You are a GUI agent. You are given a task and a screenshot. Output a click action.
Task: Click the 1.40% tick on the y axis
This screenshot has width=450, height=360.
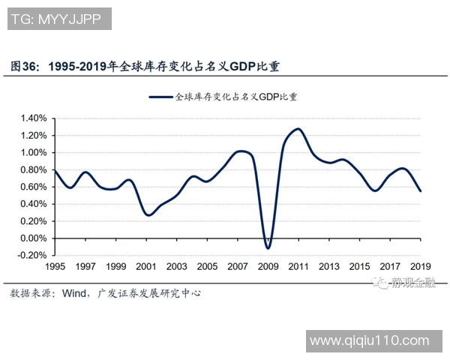[34, 118]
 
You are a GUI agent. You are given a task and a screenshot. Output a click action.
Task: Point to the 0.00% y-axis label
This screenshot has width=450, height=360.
[34, 238]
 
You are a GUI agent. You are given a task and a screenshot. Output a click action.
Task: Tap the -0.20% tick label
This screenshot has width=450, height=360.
[32, 256]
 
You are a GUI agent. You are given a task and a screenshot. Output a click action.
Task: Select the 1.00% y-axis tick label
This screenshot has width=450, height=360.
[34, 153]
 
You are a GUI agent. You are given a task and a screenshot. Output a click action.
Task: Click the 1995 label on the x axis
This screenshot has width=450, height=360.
[55, 267]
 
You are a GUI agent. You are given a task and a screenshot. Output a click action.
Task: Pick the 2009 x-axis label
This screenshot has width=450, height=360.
[268, 267]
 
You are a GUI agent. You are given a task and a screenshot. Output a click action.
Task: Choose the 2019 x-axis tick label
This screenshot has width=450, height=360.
[420, 267]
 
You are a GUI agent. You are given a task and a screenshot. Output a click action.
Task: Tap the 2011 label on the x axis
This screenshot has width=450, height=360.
[298, 267]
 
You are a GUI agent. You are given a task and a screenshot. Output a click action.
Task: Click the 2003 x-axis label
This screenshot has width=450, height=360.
[176, 267]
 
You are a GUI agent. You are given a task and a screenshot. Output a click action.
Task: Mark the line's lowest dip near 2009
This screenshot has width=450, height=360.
[268, 247]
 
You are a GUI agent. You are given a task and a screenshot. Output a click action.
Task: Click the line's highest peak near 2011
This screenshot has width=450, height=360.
[298, 129]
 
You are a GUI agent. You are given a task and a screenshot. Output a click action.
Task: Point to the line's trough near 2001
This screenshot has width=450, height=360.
[148, 215]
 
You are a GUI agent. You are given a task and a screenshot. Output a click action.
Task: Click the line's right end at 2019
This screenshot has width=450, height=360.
[420, 191]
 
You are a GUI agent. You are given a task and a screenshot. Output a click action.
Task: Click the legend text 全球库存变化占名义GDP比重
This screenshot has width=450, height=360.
[235, 97]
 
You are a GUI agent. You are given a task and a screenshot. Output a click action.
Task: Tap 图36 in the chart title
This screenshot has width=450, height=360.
[25, 67]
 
